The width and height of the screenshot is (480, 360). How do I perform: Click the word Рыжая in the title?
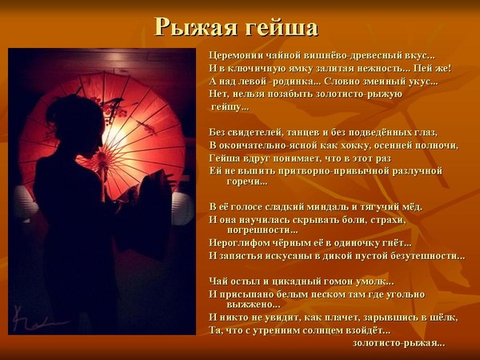click(x=196, y=27)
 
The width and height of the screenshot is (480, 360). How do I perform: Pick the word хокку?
click(x=356, y=146)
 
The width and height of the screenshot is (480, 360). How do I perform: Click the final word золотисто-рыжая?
click(x=398, y=343)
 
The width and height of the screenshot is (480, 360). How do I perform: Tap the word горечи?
click(x=247, y=182)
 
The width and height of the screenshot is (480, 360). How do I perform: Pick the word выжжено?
click(x=254, y=305)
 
